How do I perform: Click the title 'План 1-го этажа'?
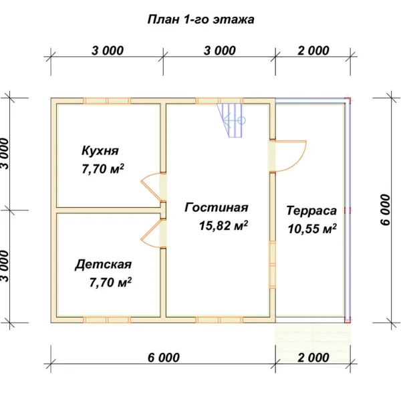tap(200, 19)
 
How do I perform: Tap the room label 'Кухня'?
tap(100, 150)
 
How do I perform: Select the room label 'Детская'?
tap(104, 265)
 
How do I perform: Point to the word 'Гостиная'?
tap(217, 207)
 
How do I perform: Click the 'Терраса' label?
tap(311, 211)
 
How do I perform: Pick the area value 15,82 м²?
tap(223, 225)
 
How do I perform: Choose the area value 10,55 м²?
tap(312, 229)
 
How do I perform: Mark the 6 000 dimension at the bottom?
tap(164, 358)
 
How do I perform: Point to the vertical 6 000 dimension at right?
tap(386, 210)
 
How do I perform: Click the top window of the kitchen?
tap(107, 101)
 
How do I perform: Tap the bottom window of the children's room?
tap(107, 319)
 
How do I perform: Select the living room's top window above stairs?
tap(219, 101)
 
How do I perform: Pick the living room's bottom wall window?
tap(219, 319)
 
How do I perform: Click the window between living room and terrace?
tap(273, 265)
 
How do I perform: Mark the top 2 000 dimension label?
tap(313, 51)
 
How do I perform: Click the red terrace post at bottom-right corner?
tap(348, 319)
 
